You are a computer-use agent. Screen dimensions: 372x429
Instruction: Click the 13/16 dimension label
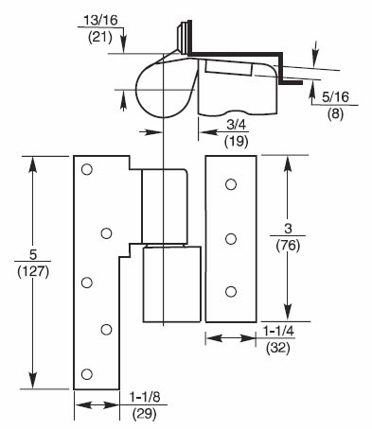(100, 20)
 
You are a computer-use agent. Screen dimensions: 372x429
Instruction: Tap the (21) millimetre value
(100, 38)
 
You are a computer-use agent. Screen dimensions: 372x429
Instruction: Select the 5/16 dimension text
(335, 97)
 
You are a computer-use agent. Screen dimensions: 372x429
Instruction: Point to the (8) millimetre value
(335, 113)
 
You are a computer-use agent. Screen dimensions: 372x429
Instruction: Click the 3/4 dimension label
(236, 125)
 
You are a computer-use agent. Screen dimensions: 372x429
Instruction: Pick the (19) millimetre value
(237, 142)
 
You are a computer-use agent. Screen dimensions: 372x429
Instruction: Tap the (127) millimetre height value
(33, 272)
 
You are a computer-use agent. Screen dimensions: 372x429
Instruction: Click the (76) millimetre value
(288, 246)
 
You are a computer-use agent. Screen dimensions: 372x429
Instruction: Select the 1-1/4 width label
(278, 331)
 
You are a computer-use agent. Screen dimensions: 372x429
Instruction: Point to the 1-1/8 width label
(145, 397)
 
